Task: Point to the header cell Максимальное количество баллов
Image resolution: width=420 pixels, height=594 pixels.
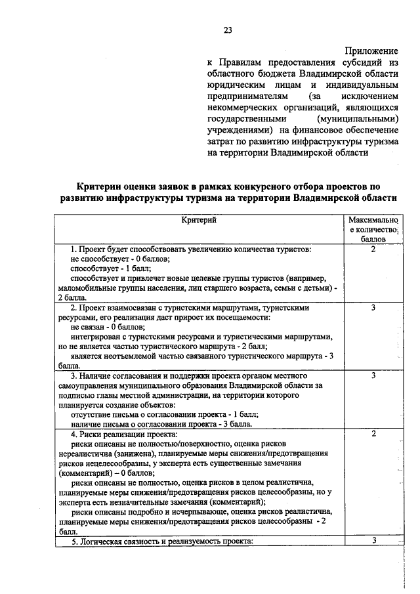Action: point(373,230)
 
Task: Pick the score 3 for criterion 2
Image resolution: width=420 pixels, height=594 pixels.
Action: point(373,307)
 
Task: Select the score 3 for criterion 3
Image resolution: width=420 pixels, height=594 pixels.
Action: point(373,375)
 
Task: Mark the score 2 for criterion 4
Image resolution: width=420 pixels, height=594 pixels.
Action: point(373,435)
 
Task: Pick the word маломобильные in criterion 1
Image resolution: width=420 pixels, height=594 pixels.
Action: point(87,287)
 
